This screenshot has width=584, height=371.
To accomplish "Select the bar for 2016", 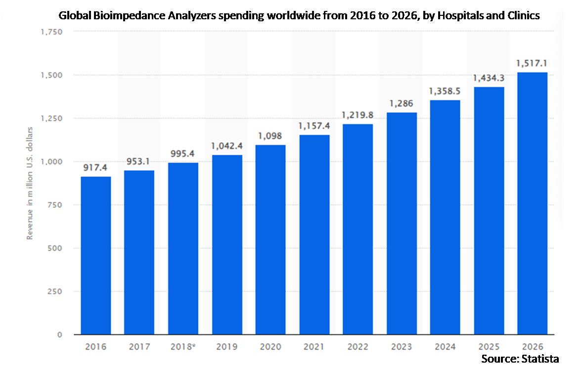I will tap(96, 255).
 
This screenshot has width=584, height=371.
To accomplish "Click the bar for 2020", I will tap(270, 239).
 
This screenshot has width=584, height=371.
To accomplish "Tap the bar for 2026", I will tap(532, 203).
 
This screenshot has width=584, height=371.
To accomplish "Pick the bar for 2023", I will tap(402, 224).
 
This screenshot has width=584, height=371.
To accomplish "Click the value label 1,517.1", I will tap(532, 63).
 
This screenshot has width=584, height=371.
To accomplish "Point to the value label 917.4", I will tap(96, 168).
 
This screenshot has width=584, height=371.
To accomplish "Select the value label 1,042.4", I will tap(227, 146).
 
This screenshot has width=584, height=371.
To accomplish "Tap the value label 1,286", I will tap(402, 104).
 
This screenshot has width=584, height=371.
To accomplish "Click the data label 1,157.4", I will tap(314, 127).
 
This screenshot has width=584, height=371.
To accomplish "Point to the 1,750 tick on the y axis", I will tap(51, 32).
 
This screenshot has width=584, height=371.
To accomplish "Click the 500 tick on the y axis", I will tap(55, 248).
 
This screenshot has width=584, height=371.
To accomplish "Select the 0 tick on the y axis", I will tap(59, 335).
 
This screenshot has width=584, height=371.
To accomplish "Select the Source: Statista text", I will tap(520, 358).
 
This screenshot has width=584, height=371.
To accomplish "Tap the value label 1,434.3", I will tap(489, 78).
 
